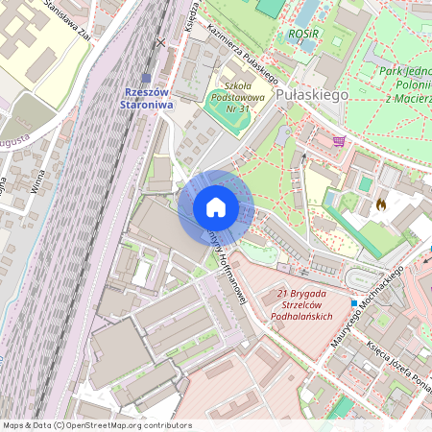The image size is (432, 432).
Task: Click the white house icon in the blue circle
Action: coord(215,206)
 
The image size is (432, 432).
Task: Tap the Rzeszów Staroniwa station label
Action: coord(149,98)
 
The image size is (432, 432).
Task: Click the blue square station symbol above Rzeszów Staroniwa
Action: coord(146,79)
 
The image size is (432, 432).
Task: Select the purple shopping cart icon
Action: coord(338,140)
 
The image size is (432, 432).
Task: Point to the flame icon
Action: coord(382,204)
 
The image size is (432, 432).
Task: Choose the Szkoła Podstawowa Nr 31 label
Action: coord(230,94)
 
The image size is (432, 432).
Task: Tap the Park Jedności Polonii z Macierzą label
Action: coord(404,84)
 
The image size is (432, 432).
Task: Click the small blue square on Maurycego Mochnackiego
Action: coord(353,303)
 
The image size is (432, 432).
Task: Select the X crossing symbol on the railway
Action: coord(161,42)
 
